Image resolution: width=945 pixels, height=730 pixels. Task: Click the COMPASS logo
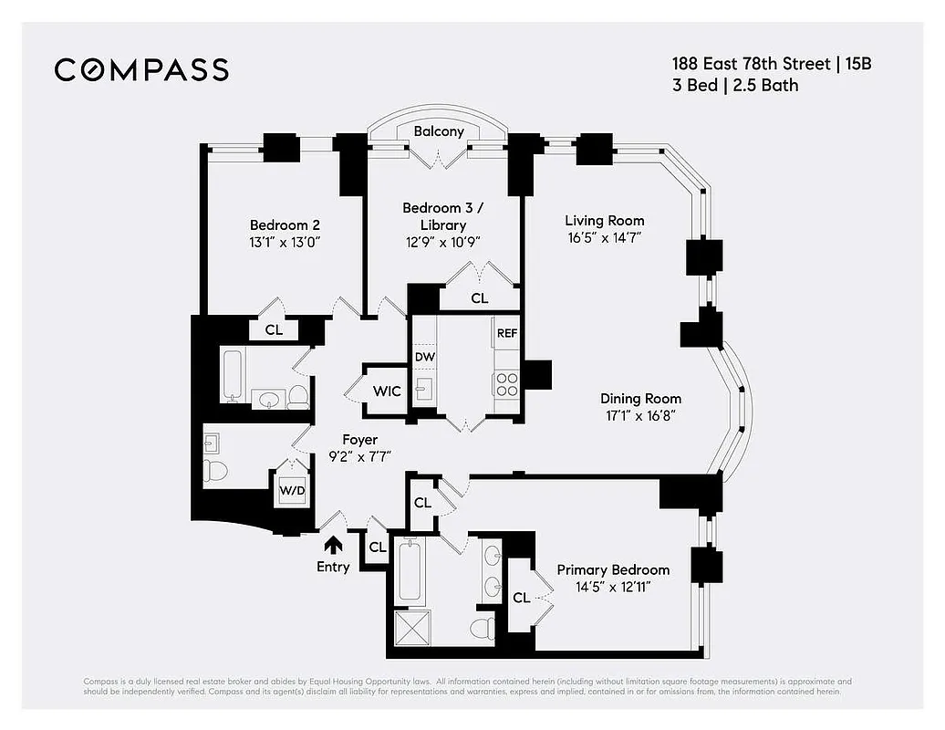[x=141, y=69]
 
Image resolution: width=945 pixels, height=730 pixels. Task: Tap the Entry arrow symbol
[x=334, y=545]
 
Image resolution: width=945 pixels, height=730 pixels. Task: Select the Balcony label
[x=439, y=131]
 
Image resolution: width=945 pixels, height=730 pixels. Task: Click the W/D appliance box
[x=293, y=491]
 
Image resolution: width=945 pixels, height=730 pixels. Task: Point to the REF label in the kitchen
[x=507, y=333]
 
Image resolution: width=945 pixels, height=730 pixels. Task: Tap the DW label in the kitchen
[x=424, y=356]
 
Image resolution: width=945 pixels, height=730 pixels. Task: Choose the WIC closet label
[x=387, y=391]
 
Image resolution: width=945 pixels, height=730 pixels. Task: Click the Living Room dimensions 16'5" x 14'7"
[x=605, y=237]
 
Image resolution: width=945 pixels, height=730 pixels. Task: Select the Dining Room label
[x=640, y=399]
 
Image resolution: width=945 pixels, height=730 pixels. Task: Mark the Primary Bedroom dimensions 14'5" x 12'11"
[x=613, y=587]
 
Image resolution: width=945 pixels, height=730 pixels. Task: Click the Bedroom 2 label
[x=285, y=225]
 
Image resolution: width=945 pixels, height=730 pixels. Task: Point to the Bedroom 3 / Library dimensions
[x=443, y=242]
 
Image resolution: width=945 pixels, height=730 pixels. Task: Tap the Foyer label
[x=359, y=440]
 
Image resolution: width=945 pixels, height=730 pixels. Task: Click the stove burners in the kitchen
[x=506, y=384]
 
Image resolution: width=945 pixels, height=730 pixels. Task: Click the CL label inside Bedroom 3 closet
[x=479, y=298]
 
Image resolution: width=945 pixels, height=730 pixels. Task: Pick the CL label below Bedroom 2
[x=274, y=330]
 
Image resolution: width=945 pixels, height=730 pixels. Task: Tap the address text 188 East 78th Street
[x=746, y=65]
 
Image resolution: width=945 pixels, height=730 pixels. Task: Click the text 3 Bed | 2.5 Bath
[x=735, y=86]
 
